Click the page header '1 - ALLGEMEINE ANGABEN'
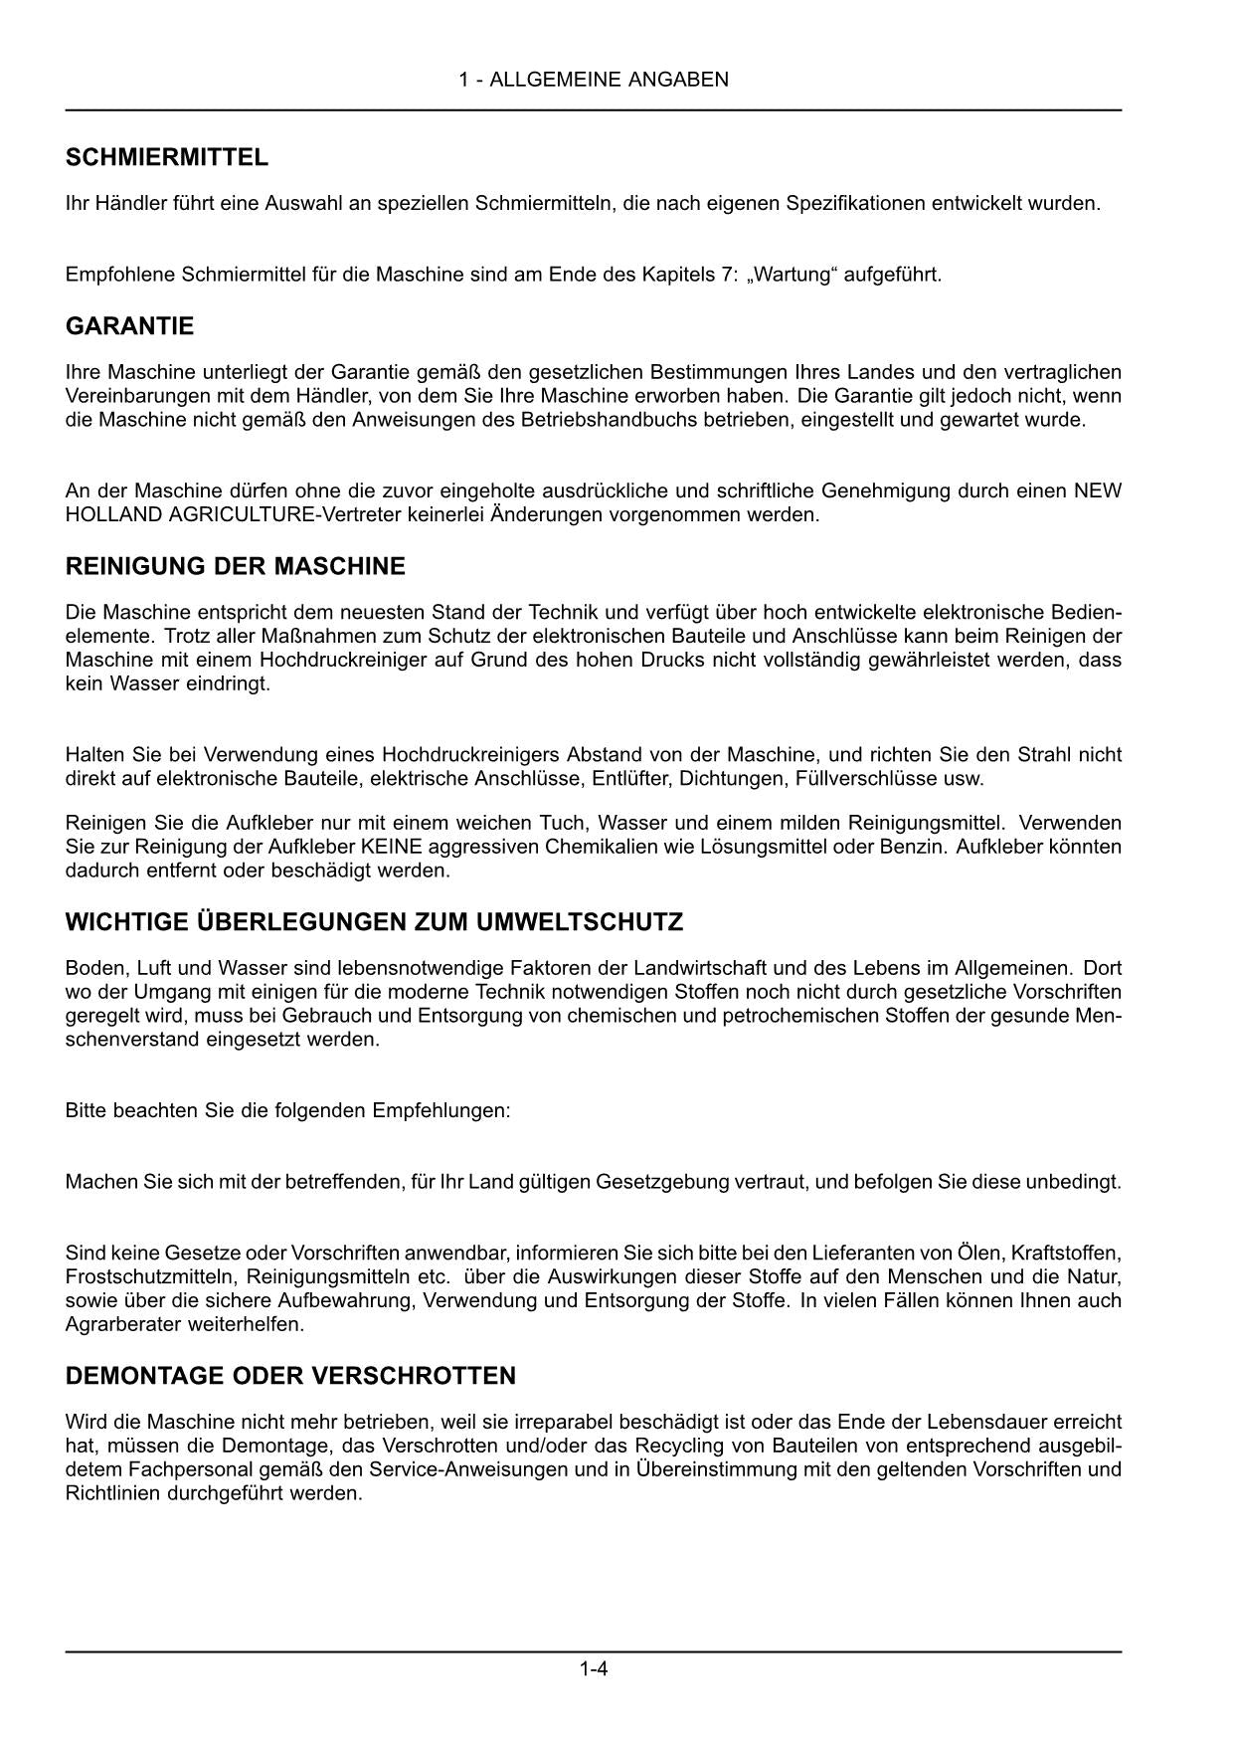pyautogui.click(x=594, y=80)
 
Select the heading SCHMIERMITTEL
pyautogui.click(x=166, y=157)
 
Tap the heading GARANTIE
pyautogui.click(x=129, y=326)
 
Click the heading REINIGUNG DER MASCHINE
pyautogui.click(x=235, y=567)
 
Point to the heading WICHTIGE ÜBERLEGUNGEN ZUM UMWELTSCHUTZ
pyautogui.click(x=374, y=922)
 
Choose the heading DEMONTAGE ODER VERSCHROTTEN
pyautogui.click(x=290, y=1376)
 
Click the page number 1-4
pyautogui.click(x=594, y=1669)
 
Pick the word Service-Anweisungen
pyautogui.click(x=461, y=1469)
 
